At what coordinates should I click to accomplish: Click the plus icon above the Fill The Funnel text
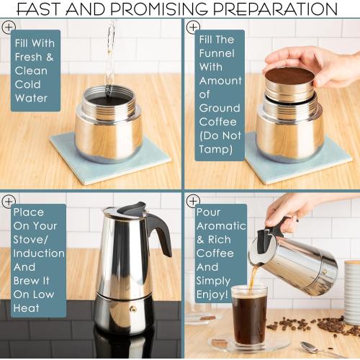click(192, 27)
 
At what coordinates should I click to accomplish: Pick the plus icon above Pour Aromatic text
click(192, 201)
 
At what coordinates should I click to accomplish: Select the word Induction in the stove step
click(39, 253)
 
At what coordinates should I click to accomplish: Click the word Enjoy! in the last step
click(212, 294)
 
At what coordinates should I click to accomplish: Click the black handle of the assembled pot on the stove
click(160, 233)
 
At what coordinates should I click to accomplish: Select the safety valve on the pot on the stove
click(132, 309)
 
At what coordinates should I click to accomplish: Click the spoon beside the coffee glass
click(313, 349)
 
